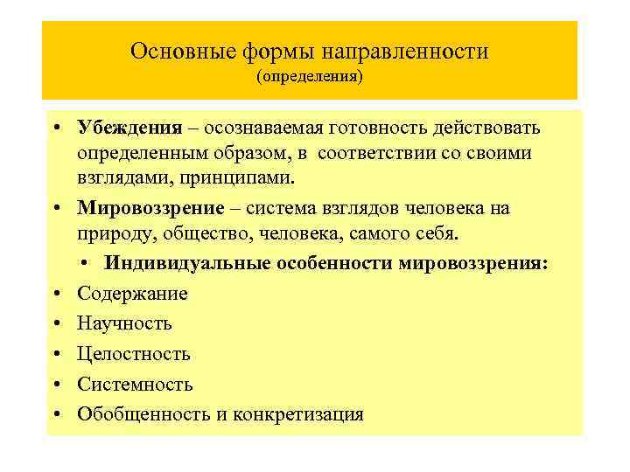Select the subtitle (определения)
tap(309, 77)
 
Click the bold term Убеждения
tap(129, 128)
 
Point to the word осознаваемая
tap(262, 128)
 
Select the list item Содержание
tap(132, 294)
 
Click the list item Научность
tap(124, 323)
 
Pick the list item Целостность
tap(133, 354)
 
